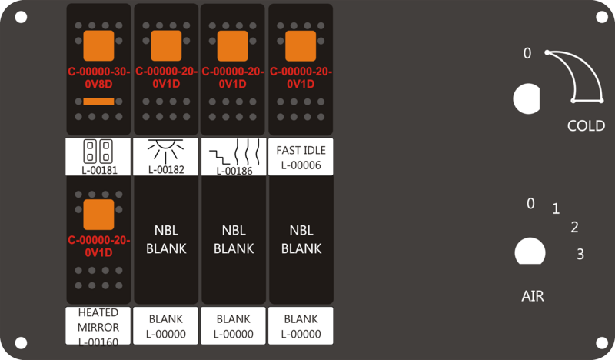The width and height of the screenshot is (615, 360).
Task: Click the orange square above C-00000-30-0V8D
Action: [99, 45]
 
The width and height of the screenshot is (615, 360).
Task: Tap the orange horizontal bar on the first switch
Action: [99, 102]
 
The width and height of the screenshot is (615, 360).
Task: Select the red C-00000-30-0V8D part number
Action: [99, 78]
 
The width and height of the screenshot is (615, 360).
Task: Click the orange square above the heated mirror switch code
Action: [99, 215]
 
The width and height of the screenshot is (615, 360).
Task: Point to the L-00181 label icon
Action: [98, 151]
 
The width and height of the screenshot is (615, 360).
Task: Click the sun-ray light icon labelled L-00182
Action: [165, 150]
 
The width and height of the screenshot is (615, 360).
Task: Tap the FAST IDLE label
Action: [301, 150]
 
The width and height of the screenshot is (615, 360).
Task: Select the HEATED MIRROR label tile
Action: [98, 326]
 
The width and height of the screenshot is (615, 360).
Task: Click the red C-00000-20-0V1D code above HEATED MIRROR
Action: [99, 246]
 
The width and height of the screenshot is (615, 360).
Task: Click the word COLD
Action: [586, 126]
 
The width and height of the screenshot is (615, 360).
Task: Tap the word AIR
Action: [533, 296]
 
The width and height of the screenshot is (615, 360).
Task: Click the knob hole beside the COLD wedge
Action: [527, 98]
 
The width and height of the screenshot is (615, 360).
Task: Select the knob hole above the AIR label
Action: [530, 252]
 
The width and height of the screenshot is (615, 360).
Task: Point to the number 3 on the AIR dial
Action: [580, 255]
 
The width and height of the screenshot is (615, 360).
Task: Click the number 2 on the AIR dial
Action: [574, 227]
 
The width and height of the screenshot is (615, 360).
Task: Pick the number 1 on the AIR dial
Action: [556, 208]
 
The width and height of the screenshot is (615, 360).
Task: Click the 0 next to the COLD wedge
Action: [527, 53]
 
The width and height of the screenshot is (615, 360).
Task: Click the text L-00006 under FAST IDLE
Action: [301, 165]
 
